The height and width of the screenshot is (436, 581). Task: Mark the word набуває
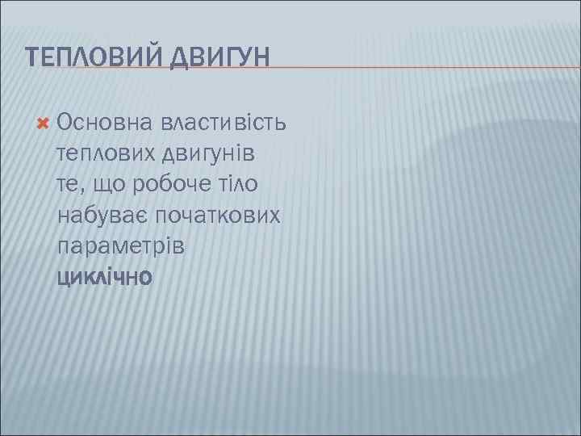click(x=102, y=216)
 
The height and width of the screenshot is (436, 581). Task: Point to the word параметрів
click(x=121, y=247)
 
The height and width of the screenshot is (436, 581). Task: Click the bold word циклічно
click(x=104, y=278)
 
